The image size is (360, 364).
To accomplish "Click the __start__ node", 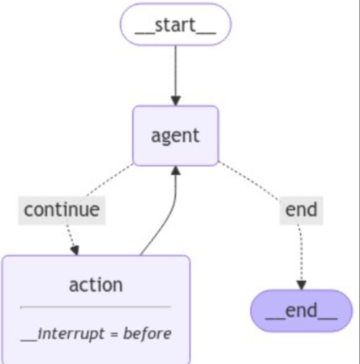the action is pyautogui.click(x=176, y=24).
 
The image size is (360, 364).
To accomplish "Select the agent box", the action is pyautogui.click(x=176, y=135).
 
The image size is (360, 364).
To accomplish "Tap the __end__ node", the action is pyautogui.click(x=302, y=310).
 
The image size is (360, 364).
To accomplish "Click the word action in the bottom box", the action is pyautogui.click(x=96, y=285).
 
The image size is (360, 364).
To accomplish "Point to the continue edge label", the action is pyautogui.click(x=62, y=210).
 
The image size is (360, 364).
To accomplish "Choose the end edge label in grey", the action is pyautogui.click(x=301, y=210).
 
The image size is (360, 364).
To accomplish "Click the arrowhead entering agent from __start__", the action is pyautogui.click(x=176, y=101).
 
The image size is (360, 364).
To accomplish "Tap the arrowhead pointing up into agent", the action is pyautogui.click(x=176, y=171).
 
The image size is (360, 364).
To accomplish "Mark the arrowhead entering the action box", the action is pyautogui.click(x=75, y=251).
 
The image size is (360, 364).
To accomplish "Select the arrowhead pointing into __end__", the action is pyautogui.click(x=302, y=285).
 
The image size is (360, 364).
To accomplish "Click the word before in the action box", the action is pyautogui.click(x=148, y=333).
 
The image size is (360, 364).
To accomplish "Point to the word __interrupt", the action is pyautogui.click(x=62, y=335).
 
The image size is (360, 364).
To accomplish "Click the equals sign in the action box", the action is pyautogui.click(x=114, y=335).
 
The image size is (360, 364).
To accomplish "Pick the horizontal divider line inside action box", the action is pyautogui.click(x=96, y=307).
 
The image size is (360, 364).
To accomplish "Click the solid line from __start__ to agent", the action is pyautogui.click(x=176, y=71).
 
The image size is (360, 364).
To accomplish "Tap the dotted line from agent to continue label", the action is pyautogui.click(x=109, y=180).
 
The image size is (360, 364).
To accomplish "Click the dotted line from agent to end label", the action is pyautogui.click(x=249, y=181).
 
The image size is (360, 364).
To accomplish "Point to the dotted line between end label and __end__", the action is pyautogui.click(x=301, y=253).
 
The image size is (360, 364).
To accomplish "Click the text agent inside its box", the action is pyautogui.click(x=175, y=136).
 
